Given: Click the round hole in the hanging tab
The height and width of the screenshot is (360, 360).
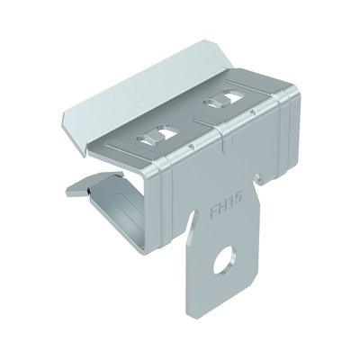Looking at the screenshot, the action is click(224, 261).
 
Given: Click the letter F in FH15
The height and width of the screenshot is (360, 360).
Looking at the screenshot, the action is click(214, 211).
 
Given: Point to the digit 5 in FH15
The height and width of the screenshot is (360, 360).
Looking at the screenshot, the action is click(238, 200).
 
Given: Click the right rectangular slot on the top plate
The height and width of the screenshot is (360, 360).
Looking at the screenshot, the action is click(223, 99).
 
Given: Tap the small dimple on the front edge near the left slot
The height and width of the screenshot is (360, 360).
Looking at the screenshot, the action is click(190, 147).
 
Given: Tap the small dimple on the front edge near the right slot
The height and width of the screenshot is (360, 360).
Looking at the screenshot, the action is click(254, 112).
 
